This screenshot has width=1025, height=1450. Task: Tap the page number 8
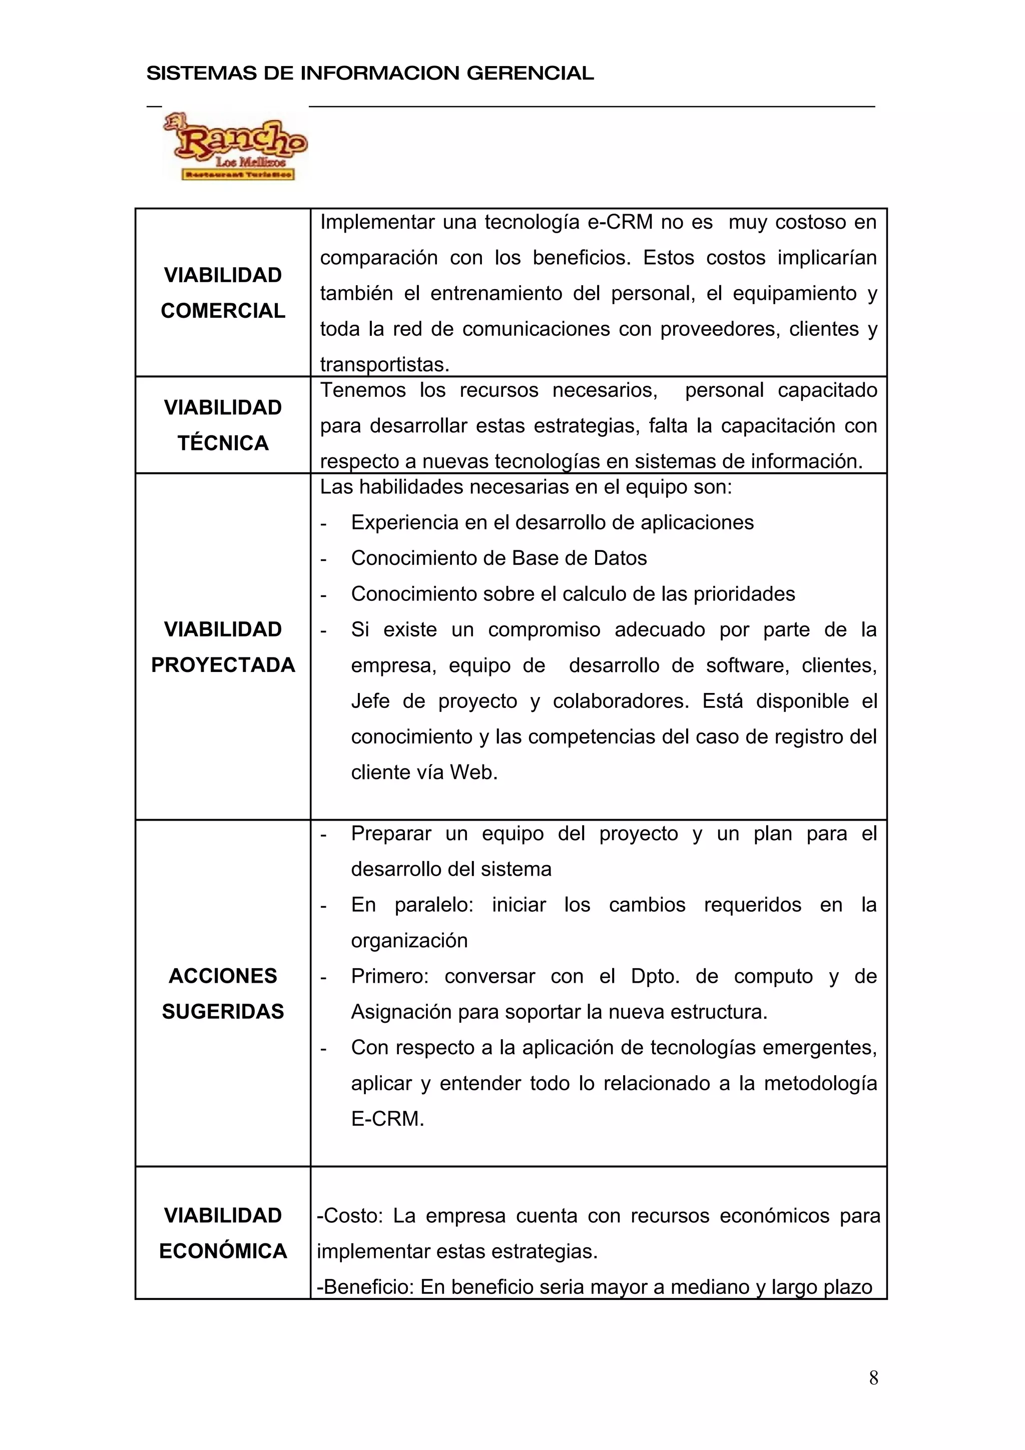point(873,1377)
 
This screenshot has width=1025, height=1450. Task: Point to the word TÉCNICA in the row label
point(223,443)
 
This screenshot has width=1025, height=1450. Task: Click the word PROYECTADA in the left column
point(223,664)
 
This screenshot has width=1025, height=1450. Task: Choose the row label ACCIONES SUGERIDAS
point(223,993)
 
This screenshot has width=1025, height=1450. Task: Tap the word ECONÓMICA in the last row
point(223,1250)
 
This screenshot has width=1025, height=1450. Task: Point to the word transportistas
point(384,364)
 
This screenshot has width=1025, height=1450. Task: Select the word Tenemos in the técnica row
point(362,390)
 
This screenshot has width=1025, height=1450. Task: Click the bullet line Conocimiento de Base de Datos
point(499,558)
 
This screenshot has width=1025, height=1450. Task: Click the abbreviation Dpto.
point(655,976)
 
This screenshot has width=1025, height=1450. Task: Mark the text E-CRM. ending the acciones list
point(387,1118)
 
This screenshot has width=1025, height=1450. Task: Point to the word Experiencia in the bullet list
point(402,522)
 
